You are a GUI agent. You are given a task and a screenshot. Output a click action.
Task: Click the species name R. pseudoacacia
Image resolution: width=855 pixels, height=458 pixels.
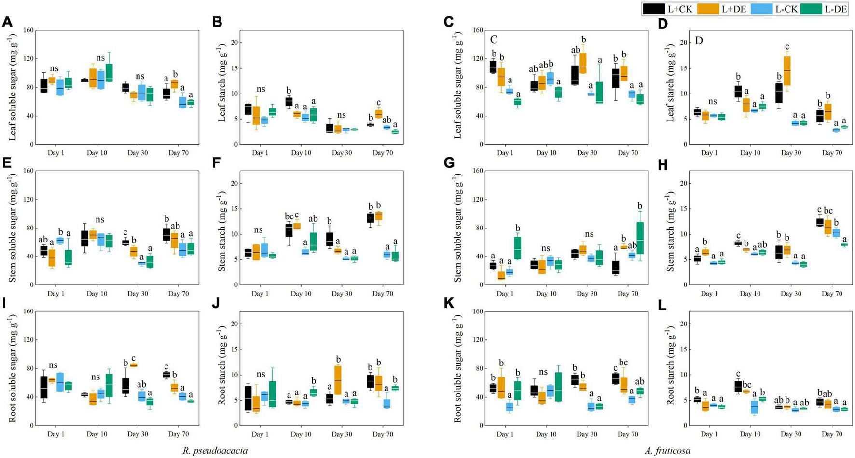[x=215, y=451]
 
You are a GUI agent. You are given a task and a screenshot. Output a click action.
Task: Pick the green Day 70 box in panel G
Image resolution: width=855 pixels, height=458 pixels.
[x=640, y=238]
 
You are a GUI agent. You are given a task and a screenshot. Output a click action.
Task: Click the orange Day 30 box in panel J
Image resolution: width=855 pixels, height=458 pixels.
[x=338, y=380]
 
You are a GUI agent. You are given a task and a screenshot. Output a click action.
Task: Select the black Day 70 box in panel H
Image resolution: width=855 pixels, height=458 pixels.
[x=819, y=222]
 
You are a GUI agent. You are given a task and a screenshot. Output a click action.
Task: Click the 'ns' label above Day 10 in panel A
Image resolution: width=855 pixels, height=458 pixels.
[x=100, y=58]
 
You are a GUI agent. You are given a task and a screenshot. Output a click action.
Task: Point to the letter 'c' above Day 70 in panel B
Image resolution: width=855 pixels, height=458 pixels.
[x=378, y=102]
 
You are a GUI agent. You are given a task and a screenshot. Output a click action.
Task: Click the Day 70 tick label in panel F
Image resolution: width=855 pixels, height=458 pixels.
[x=382, y=294]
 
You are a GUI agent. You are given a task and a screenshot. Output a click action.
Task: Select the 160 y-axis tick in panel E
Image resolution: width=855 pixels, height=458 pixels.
[x=28, y=171]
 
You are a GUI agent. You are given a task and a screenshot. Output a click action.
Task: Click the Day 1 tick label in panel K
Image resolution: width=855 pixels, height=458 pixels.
[x=505, y=434]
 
